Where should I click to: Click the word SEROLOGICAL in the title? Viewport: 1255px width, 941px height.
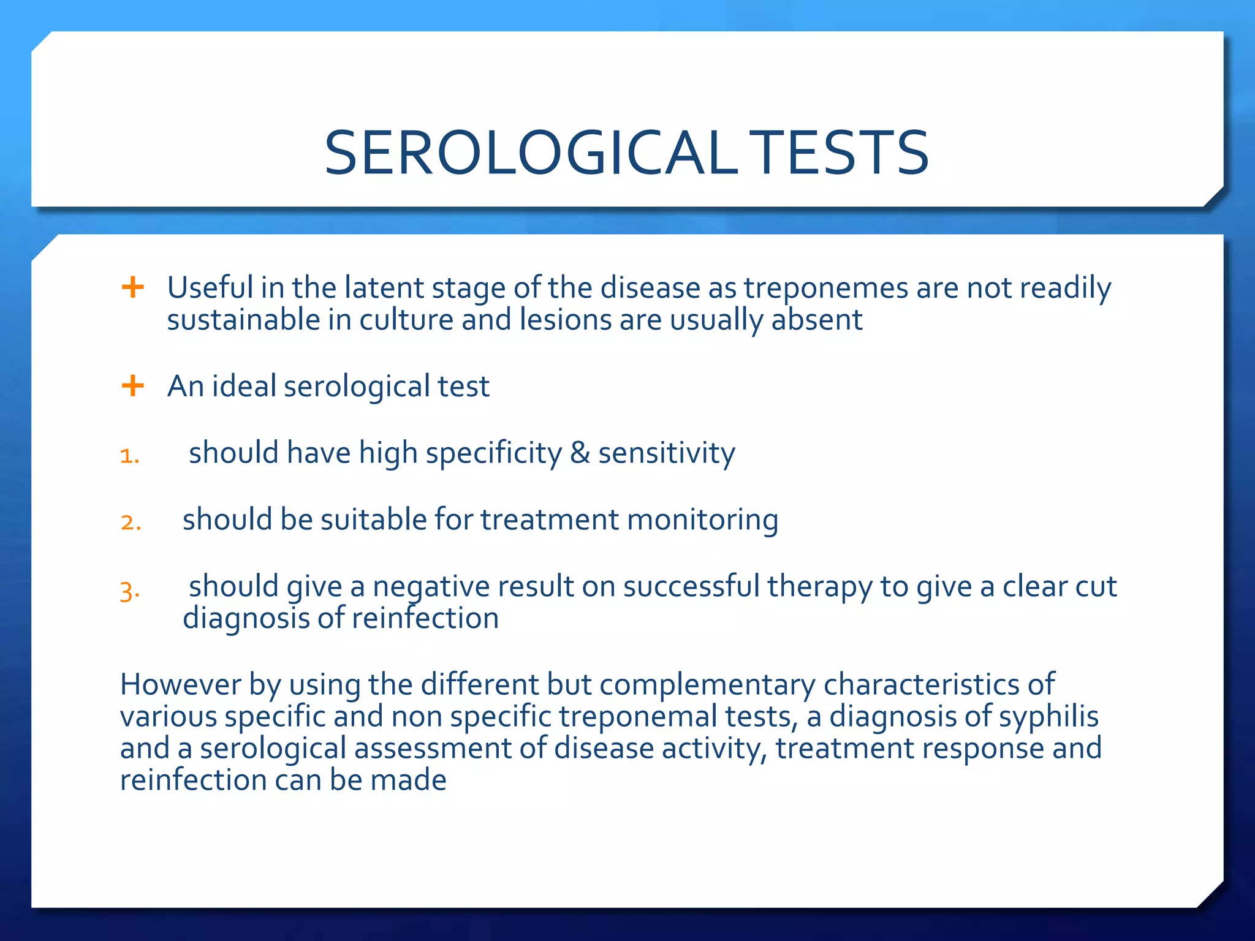(530, 153)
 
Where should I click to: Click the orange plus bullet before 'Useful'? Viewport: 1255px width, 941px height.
(132, 287)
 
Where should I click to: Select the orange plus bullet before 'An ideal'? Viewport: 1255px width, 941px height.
(132, 386)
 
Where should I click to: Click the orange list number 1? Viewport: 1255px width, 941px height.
(130, 456)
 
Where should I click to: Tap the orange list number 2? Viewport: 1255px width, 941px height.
(131, 523)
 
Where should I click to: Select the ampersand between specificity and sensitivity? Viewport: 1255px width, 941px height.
(580, 453)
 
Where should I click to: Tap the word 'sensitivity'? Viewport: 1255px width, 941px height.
(666, 453)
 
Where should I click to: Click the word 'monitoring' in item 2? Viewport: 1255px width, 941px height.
(702, 520)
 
